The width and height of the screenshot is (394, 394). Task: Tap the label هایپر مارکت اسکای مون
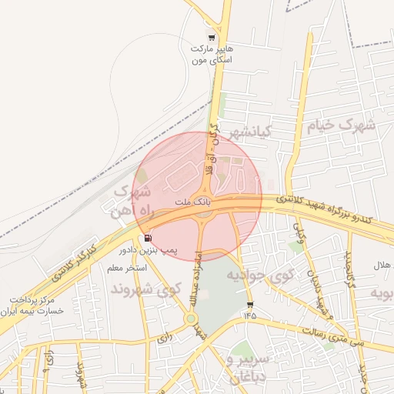212,53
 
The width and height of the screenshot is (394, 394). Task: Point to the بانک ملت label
194,202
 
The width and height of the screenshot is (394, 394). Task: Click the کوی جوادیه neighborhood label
257,275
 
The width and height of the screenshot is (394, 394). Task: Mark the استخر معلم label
126,268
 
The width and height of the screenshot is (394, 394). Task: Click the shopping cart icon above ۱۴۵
249,305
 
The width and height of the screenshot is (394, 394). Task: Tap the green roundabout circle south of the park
190,319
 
